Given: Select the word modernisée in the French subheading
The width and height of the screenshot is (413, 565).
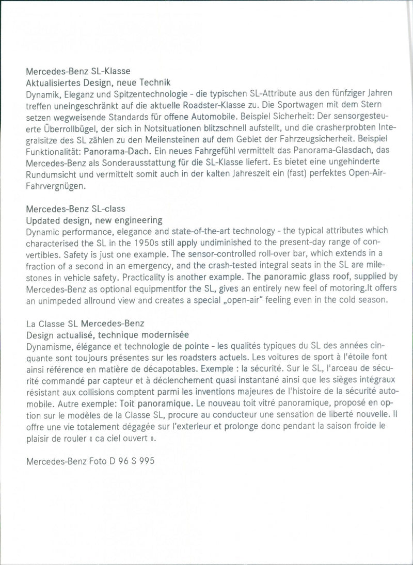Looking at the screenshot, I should coord(162,335).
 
